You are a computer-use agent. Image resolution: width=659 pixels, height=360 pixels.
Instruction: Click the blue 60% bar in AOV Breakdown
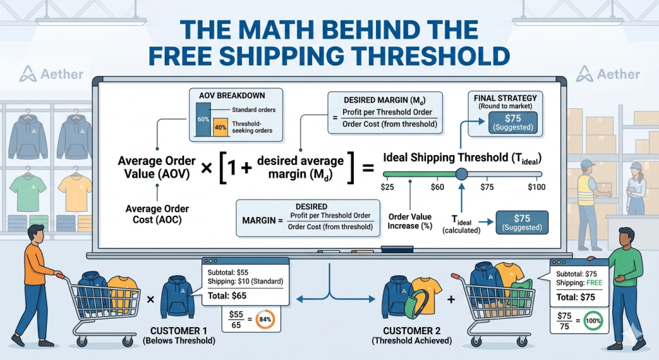tap(203, 119)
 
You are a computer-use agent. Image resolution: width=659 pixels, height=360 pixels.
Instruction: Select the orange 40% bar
tap(220, 127)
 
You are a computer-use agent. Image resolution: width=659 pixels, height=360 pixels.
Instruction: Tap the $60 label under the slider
tap(437, 187)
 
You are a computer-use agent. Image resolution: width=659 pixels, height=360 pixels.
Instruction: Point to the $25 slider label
tap(387, 187)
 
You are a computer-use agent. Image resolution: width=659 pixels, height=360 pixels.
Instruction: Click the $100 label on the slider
tap(537, 187)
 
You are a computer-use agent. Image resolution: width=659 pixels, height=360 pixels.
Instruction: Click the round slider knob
tap(461, 174)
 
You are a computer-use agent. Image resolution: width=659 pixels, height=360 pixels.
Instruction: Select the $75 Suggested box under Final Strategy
tap(513, 122)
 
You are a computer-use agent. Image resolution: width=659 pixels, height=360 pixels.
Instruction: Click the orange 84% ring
tap(265, 319)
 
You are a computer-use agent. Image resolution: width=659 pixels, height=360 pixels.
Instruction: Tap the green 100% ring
tap(593, 321)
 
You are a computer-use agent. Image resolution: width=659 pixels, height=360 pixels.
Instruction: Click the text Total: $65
tap(227, 296)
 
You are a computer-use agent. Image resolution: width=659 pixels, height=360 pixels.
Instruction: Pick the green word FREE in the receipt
tap(594, 283)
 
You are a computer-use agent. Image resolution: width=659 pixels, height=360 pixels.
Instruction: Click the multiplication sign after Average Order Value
tap(207, 168)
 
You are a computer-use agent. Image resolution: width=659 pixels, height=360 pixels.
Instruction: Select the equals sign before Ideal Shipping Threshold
tap(368, 168)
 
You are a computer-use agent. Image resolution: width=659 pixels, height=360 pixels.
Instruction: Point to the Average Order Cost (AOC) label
tap(157, 214)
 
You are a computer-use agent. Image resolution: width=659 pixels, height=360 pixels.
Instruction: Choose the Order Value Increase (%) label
tap(410, 221)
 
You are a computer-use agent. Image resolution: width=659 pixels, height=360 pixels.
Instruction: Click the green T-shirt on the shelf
tap(28, 193)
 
